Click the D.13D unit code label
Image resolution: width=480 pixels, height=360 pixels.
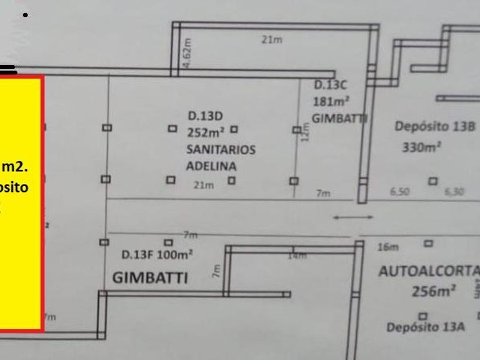coord(205,116)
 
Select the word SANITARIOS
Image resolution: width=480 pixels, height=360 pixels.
coord(221,150)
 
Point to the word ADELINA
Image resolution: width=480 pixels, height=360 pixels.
coord(211,166)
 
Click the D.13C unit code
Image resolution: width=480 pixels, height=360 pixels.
coord(331,86)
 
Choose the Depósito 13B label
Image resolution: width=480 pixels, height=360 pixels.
coord(434,127)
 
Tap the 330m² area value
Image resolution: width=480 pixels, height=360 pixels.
coord(421,147)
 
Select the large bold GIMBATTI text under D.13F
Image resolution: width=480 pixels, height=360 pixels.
coord(150,278)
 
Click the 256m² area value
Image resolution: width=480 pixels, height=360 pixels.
coord(434,291)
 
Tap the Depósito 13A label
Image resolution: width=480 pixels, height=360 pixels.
coord(426,327)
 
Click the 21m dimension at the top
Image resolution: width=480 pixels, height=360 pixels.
coord(272,39)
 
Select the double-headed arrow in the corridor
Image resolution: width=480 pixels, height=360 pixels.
coord(353,217)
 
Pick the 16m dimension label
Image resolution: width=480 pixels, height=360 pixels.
coord(387,247)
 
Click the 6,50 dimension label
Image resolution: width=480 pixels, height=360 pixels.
coord(399,193)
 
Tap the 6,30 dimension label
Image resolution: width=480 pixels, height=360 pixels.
coord(454,193)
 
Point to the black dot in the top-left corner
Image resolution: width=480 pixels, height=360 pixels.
coord(25,15)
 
